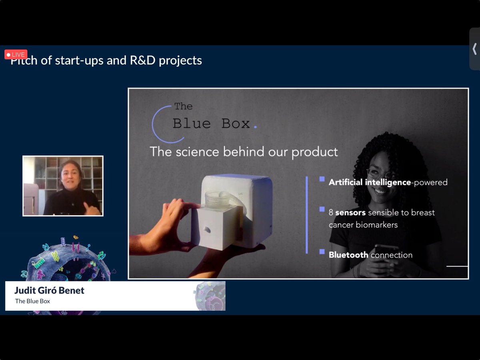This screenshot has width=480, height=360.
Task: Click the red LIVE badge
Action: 16,54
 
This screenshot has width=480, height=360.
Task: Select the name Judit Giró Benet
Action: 49,290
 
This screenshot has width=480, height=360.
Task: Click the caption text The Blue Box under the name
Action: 32,301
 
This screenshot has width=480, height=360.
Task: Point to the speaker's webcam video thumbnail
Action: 63,186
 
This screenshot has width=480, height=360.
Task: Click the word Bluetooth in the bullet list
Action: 348,255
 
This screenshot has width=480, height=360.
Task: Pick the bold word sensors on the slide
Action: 350,212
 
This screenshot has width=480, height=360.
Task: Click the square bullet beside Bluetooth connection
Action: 322,252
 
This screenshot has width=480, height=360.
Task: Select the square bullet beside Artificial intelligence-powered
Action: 322,179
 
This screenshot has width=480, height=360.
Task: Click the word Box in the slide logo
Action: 236,124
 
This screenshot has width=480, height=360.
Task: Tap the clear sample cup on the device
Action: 217,199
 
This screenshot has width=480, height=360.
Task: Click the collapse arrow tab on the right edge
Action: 474,49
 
